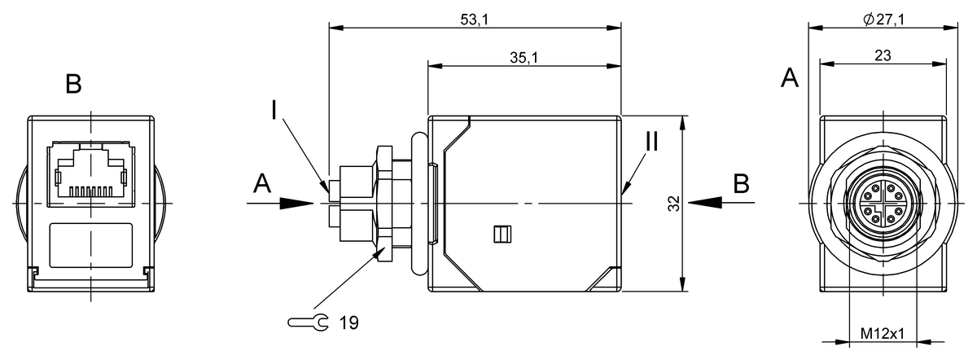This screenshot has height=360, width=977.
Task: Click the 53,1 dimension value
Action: tap(473, 20)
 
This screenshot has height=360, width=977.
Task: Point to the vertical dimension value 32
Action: tap(673, 204)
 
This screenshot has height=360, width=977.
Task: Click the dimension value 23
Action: tap(883, 55)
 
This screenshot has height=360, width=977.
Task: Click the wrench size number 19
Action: tap(348, 323)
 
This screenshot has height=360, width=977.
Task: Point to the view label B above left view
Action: tap(73, 84)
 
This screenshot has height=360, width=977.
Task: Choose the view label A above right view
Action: tap(789, 78)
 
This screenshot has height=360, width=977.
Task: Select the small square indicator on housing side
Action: tap(501, 235)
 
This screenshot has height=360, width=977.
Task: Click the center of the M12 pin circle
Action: tap(883, 203)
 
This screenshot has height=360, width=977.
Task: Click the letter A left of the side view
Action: tap(261, 184)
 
